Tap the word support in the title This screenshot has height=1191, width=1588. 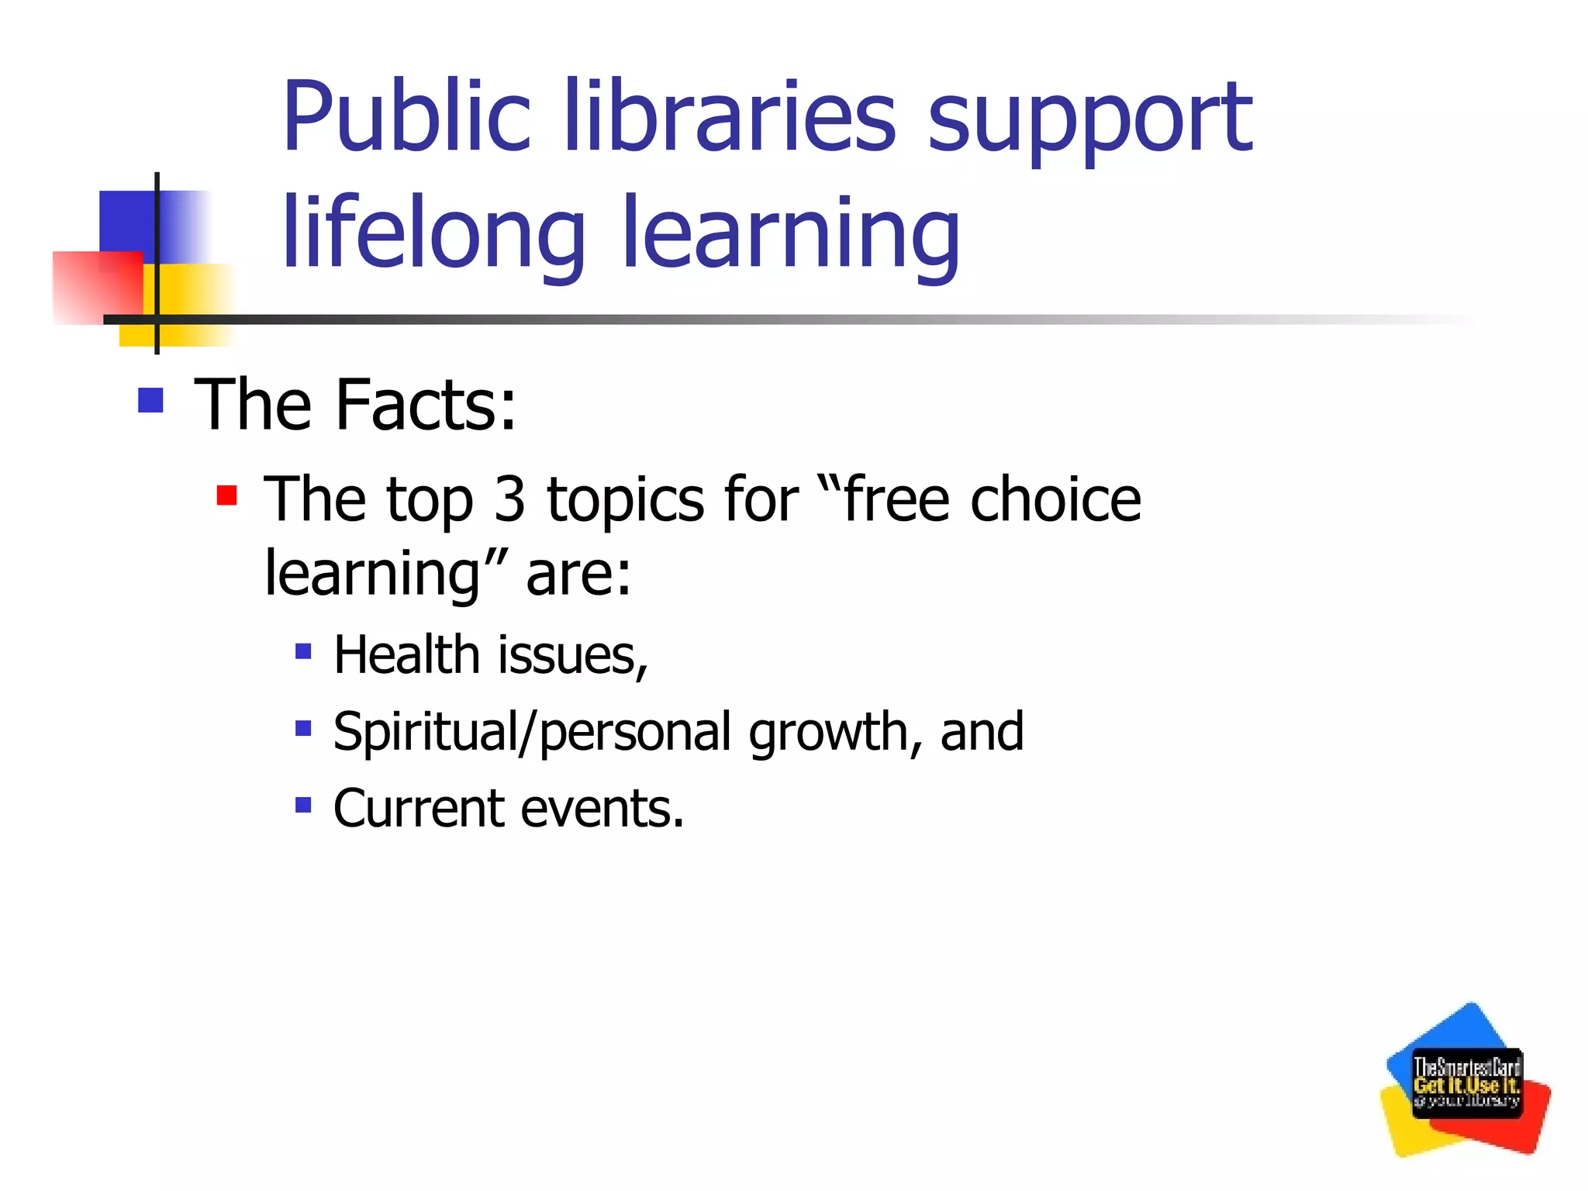coord(1089,120)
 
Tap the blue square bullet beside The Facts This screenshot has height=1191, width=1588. coord(150,400)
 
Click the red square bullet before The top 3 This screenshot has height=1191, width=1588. coord(226,495)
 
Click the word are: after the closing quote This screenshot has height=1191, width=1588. coord(578,573)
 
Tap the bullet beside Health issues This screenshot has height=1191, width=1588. coord(303,651)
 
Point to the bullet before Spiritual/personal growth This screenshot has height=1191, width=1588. coord(303,728)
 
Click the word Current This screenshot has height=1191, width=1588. coord(419,808)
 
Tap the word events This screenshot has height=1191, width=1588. coord(602,808)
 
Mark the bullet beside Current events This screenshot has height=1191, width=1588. coord(303,805)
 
